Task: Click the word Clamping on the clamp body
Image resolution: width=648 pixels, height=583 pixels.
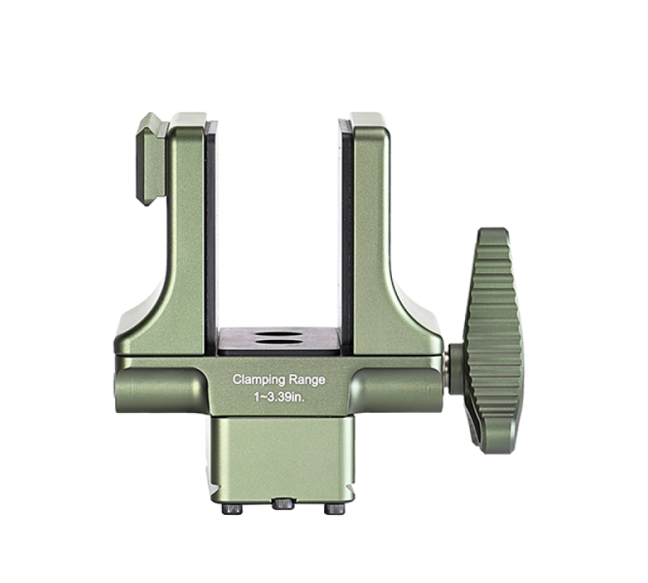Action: click(x=259, y=380)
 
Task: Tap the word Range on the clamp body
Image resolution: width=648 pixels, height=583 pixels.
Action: click(x=307, y=379)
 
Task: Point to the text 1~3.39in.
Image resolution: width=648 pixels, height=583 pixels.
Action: click(x=279, y=398)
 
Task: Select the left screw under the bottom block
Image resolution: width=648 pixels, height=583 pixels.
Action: click(x=232, y=509)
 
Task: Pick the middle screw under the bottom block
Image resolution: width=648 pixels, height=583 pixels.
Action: click(x=283, y=504)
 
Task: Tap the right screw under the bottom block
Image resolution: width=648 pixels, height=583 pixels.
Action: click(x=335, y=509)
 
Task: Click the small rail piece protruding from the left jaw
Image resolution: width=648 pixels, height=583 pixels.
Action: click(x=151, y=159)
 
